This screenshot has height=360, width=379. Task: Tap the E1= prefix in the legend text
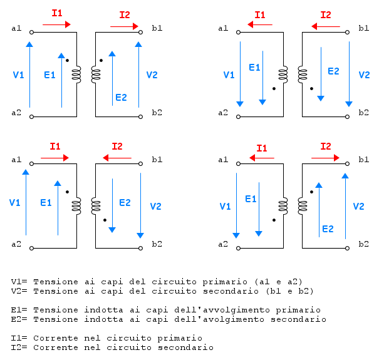(19, 309)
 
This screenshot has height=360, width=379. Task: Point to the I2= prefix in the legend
(19, 347)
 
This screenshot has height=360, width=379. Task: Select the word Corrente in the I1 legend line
(54, 338)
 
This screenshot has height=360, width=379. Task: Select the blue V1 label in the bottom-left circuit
(15, 203)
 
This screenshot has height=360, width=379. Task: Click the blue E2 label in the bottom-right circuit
(328, 229)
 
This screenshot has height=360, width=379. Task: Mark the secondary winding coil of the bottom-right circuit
(303, 205)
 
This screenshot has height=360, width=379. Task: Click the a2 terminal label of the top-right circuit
(222, 113)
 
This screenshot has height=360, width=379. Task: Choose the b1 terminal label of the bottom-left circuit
(157, 160)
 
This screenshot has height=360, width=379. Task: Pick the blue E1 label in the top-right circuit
(254, 67)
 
